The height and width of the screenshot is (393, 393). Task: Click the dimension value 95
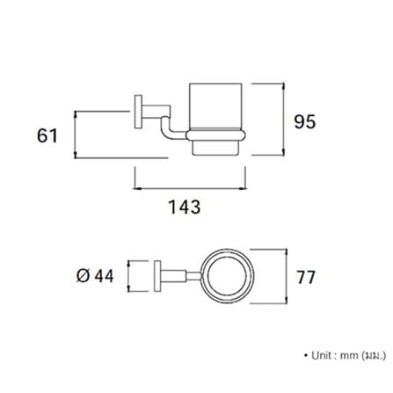[305, 122]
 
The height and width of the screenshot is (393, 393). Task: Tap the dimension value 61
[47, 135]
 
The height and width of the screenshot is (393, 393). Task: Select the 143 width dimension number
[185, 207]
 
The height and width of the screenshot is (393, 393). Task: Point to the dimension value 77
[306, 277]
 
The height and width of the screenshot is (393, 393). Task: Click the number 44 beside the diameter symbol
[104, 276]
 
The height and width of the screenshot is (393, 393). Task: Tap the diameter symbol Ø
[83, 276]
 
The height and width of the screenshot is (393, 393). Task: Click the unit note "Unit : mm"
[335, 355]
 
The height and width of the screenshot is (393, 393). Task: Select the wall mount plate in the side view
[138, 112]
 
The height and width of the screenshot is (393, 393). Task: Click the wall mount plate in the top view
[157, 276]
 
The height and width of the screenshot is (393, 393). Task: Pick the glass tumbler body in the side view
[215, 106]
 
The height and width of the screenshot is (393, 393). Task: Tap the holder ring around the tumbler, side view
[216, 135]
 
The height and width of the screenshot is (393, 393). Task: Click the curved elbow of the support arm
[165, 129]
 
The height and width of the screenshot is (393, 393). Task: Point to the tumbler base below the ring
[215, 148]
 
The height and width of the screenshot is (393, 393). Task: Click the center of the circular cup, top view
[229, 276]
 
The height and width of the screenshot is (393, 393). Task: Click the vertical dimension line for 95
[283, 120]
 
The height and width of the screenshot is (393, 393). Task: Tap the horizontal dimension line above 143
[190, 189]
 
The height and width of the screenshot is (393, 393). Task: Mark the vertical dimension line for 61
[76, 135]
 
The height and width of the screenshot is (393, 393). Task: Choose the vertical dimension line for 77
[286, 276]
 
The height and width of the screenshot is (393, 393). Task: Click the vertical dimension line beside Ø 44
[128, 276]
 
